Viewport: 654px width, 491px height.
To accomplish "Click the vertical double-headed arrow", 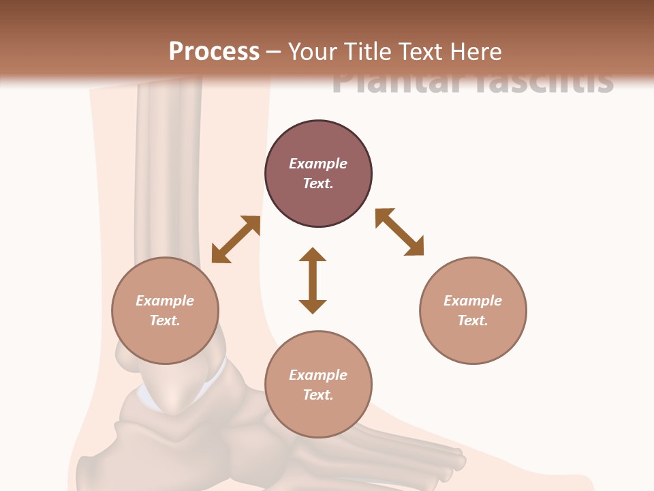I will point(313,280).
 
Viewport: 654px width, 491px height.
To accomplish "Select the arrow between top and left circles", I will point(236,239).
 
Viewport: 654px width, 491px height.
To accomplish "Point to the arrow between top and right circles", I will point(400,232).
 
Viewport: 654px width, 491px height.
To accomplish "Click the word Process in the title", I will point(214,51).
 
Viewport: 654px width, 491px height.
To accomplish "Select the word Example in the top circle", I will point(318,164).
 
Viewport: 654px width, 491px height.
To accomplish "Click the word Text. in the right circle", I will point(473,321).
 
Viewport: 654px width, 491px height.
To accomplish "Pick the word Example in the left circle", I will point(165,301).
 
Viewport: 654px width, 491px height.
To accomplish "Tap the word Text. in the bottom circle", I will point(318,395).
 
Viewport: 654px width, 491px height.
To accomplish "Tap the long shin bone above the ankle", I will point(160,170).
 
